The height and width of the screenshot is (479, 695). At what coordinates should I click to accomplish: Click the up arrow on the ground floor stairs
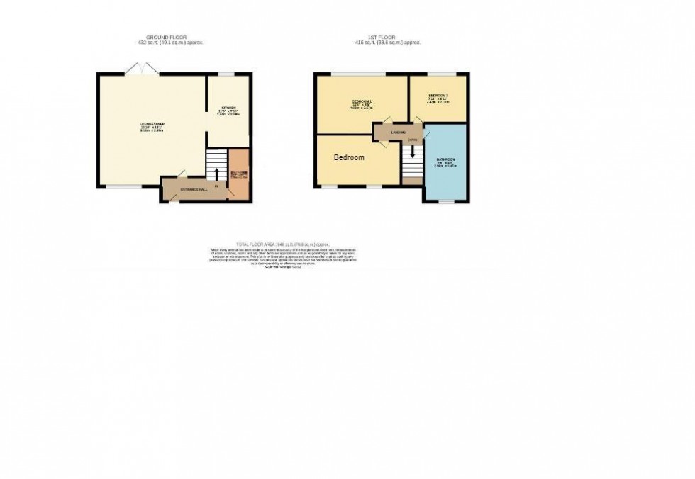point(216,173)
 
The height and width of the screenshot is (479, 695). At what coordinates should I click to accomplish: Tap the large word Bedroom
point(349,157)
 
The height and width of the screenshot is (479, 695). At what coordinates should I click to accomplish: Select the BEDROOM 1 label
point(362,103)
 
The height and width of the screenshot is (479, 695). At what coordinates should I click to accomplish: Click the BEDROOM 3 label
point(438,96)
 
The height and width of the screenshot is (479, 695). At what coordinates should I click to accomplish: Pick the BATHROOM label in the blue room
point(446,159)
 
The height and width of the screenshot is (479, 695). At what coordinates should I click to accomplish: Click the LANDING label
point(398,132)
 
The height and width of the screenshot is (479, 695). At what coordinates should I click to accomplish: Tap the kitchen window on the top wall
point(227,74)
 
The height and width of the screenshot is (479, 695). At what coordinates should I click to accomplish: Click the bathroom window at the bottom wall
point(445,202)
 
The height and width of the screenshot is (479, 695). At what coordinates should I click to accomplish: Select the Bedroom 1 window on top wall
point(360,74)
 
